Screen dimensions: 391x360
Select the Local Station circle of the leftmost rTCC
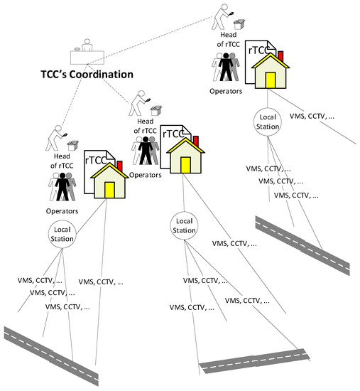click(x=62, y=235)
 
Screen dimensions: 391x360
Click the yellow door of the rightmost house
click(x=270, y=79)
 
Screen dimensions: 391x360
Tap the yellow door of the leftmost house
click(x=109, y=190)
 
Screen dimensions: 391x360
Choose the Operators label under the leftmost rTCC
click(x=62, y=210)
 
